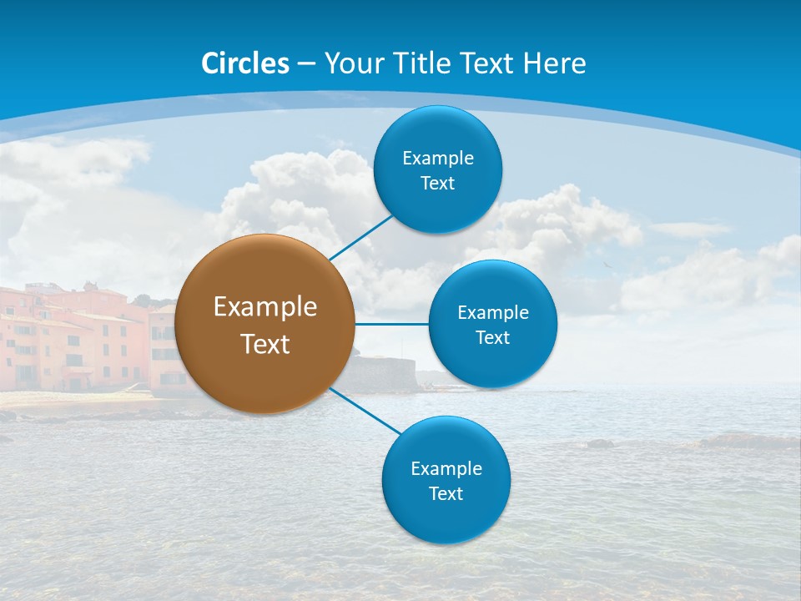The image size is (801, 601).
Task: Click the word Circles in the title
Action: click(x=245, y=63)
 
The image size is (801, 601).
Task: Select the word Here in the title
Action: click(x=555, y=63)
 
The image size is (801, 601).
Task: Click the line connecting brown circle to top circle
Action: click(x=360, y=237)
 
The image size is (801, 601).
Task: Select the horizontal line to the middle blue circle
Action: click(x=392, y=324)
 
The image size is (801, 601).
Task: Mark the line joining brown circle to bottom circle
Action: click(x=365, y=411)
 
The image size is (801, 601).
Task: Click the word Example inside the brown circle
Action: click(x=265, y=307)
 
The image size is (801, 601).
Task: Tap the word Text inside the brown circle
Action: click(x=265, y=344)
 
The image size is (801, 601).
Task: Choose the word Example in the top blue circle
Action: click(x=438, y=159)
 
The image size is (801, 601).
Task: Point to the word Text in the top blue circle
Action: click(x=438, y=184)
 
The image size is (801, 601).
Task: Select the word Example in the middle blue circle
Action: click(x=493, y=313)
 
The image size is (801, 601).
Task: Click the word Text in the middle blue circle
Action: click(x=493, y=338)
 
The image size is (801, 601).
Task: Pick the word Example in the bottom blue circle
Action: click(x=446, y=469)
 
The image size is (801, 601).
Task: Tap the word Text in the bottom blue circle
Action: click(x=446, y=494)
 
